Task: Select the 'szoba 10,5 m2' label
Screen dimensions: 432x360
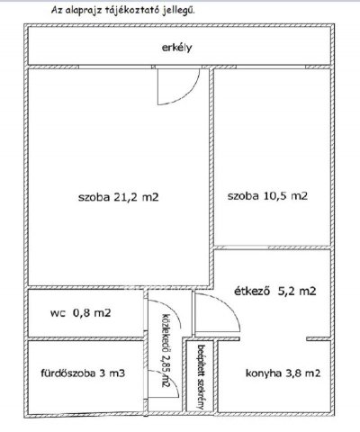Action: point(267,195)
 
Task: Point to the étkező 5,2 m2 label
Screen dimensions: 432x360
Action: point(274,292)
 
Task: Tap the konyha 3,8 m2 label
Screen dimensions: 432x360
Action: point(283,372)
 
